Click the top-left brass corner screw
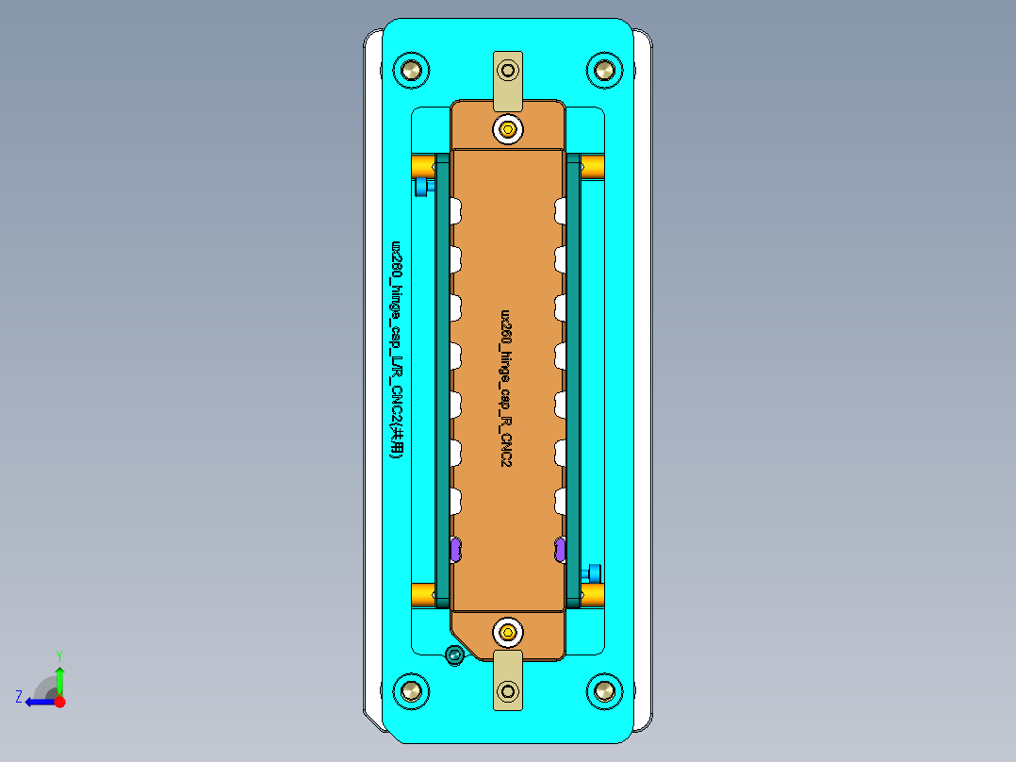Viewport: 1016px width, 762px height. [411, 70]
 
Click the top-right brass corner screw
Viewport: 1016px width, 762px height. [603, 70]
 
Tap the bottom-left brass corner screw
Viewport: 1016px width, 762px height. [411, 690]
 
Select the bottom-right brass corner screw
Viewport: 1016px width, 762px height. [603, 690]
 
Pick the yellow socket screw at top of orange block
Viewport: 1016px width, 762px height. [508, 129]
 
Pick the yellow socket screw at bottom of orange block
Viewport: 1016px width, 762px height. [508, 632]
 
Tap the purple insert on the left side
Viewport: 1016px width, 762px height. [456, 549]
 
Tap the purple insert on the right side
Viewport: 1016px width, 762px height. [560, 549]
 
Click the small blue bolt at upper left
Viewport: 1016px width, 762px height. [423, 187]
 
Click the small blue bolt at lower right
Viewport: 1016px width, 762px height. [593, 572]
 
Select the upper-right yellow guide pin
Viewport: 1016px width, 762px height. [592, 168]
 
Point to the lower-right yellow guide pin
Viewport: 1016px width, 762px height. [592, 594]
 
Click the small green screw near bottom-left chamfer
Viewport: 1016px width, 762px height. [455, 654]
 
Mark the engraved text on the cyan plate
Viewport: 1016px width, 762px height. [398, 349]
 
